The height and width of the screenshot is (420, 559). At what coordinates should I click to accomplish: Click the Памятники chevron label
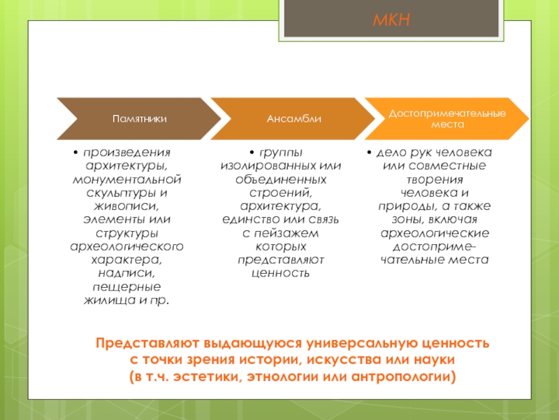140,118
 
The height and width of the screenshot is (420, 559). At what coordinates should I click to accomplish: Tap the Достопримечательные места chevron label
448,118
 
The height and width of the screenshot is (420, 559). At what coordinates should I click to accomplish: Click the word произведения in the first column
130,152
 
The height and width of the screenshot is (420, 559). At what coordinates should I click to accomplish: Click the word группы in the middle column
283,152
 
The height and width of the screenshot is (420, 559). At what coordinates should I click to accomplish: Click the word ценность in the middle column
280,272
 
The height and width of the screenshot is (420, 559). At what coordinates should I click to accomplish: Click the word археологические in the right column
435,232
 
